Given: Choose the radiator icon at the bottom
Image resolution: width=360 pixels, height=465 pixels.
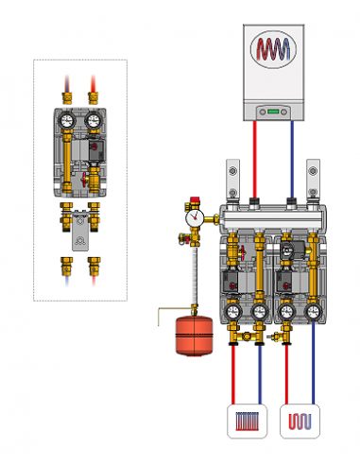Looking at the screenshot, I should (x=246, y=420).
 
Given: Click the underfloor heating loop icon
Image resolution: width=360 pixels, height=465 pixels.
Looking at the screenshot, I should (x=301, y=420).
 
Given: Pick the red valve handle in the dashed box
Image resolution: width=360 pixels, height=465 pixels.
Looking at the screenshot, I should (x=84, y=175).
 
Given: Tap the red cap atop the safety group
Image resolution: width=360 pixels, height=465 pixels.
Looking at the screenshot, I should (x=196, y=200).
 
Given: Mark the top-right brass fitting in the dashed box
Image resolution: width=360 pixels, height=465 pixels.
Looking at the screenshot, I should (x=94, y=95).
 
